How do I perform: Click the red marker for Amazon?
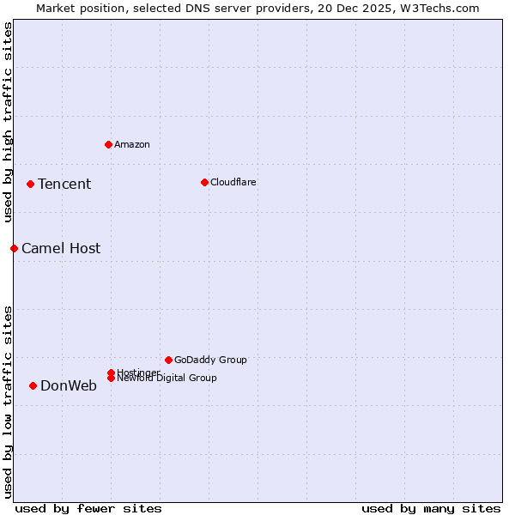coord(108,144)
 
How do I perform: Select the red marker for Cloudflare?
coord(204,182)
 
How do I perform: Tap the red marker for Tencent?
coord(30,184)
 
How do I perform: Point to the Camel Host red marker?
coord(14,248)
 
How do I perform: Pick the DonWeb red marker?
coord(33,385)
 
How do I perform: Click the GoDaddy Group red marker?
coord(168,360)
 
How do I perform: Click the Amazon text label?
coord(132,144)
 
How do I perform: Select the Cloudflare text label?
coord(233,182)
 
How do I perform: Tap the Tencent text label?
coord(64,184)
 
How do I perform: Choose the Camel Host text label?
coord(61,248)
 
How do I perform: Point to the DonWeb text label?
coord(69,385)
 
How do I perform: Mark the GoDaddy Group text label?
coord(210,360)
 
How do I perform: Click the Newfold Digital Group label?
coord(167,379)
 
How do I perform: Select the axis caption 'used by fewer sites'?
coord(88,508)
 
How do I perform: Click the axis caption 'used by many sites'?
coord(431,508)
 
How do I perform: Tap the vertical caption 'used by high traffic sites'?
coord(9,122)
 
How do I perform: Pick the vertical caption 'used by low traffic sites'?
coord(9,402)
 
